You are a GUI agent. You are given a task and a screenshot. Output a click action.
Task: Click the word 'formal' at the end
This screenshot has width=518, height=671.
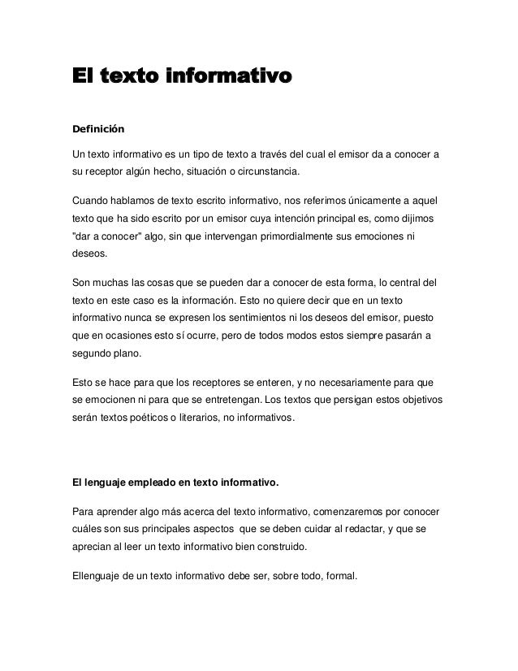coord(347,579)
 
